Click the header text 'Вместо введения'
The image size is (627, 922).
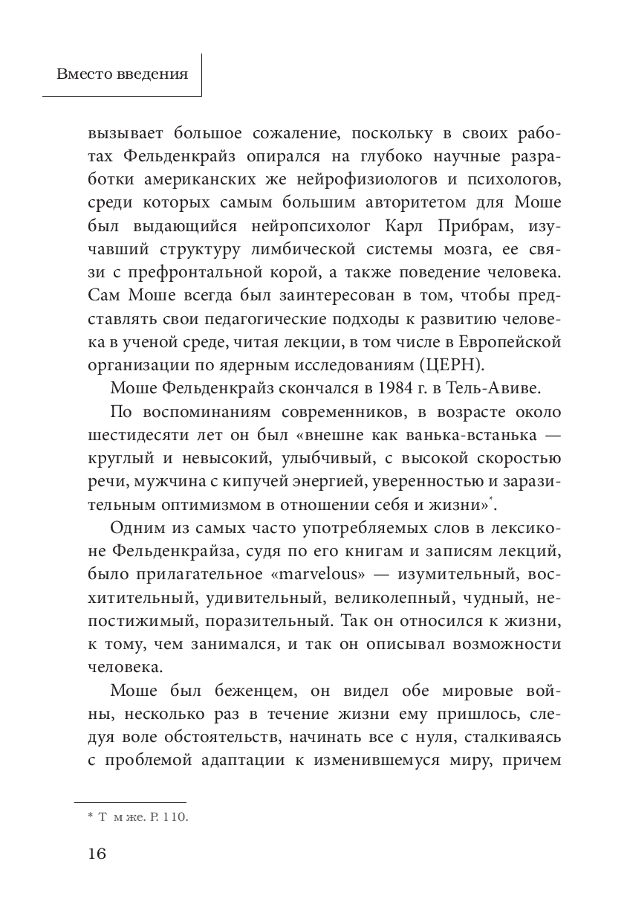123,74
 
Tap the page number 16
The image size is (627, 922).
97,853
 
